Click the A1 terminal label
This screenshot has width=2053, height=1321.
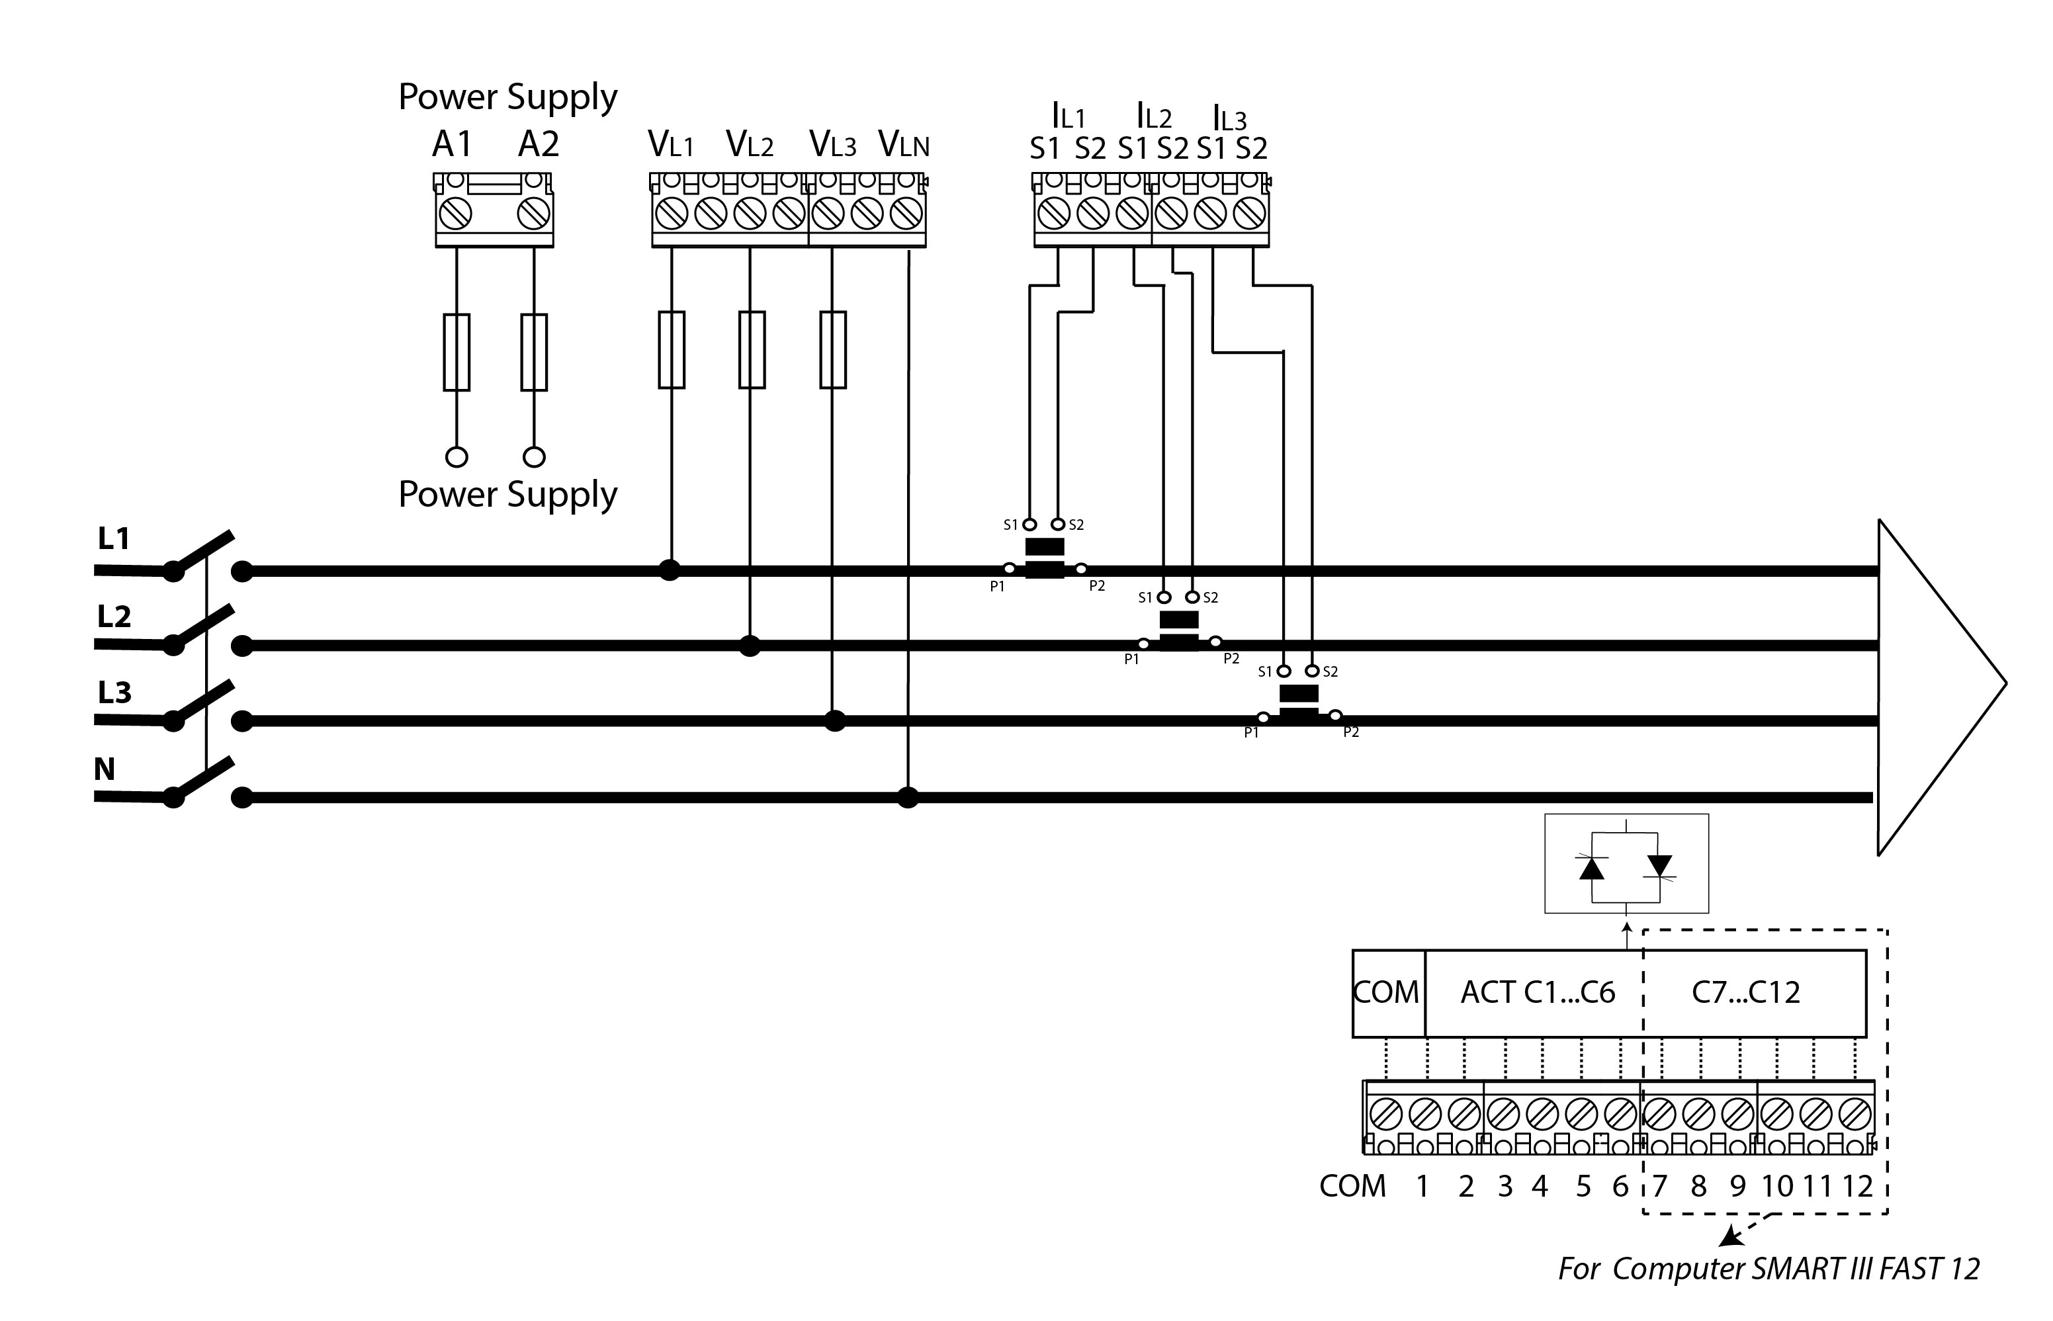(452, 144)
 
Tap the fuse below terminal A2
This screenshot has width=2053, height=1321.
(534, 353)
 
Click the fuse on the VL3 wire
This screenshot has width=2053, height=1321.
(833, 350)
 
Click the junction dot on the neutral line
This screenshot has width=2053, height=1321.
(908, 798)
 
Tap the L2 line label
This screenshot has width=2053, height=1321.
(114, 616)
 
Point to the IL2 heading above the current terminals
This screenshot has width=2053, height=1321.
(1154, 115)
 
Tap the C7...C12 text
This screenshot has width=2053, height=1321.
(1745, 992)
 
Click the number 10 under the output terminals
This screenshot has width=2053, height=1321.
(1776, 1186)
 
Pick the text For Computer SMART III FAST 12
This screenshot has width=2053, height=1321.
(1768, 1269)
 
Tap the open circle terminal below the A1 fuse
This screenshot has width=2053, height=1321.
(457, 457)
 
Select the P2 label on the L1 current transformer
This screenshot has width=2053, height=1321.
(1096, 587)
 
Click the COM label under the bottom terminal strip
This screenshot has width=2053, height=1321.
(1352, 1186)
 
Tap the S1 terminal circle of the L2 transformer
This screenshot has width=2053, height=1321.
(1164, 597)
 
